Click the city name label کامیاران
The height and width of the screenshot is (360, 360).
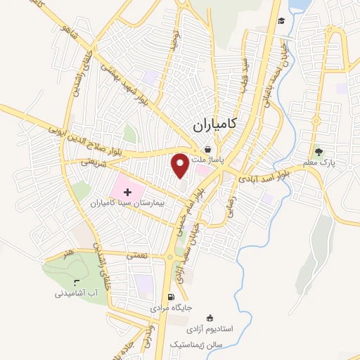[x=214, y=125]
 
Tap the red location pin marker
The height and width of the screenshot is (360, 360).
[x=181, y=165]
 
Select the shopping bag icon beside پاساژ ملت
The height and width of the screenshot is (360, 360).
[x=207, y=149]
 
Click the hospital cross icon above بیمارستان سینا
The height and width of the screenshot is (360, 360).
[x=127, y=191]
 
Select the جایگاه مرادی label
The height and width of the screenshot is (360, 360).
[x=172, y=308]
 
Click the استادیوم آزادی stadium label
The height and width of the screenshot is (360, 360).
[x=215, y=328]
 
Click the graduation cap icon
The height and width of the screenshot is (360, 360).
[x=281, y=20]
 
